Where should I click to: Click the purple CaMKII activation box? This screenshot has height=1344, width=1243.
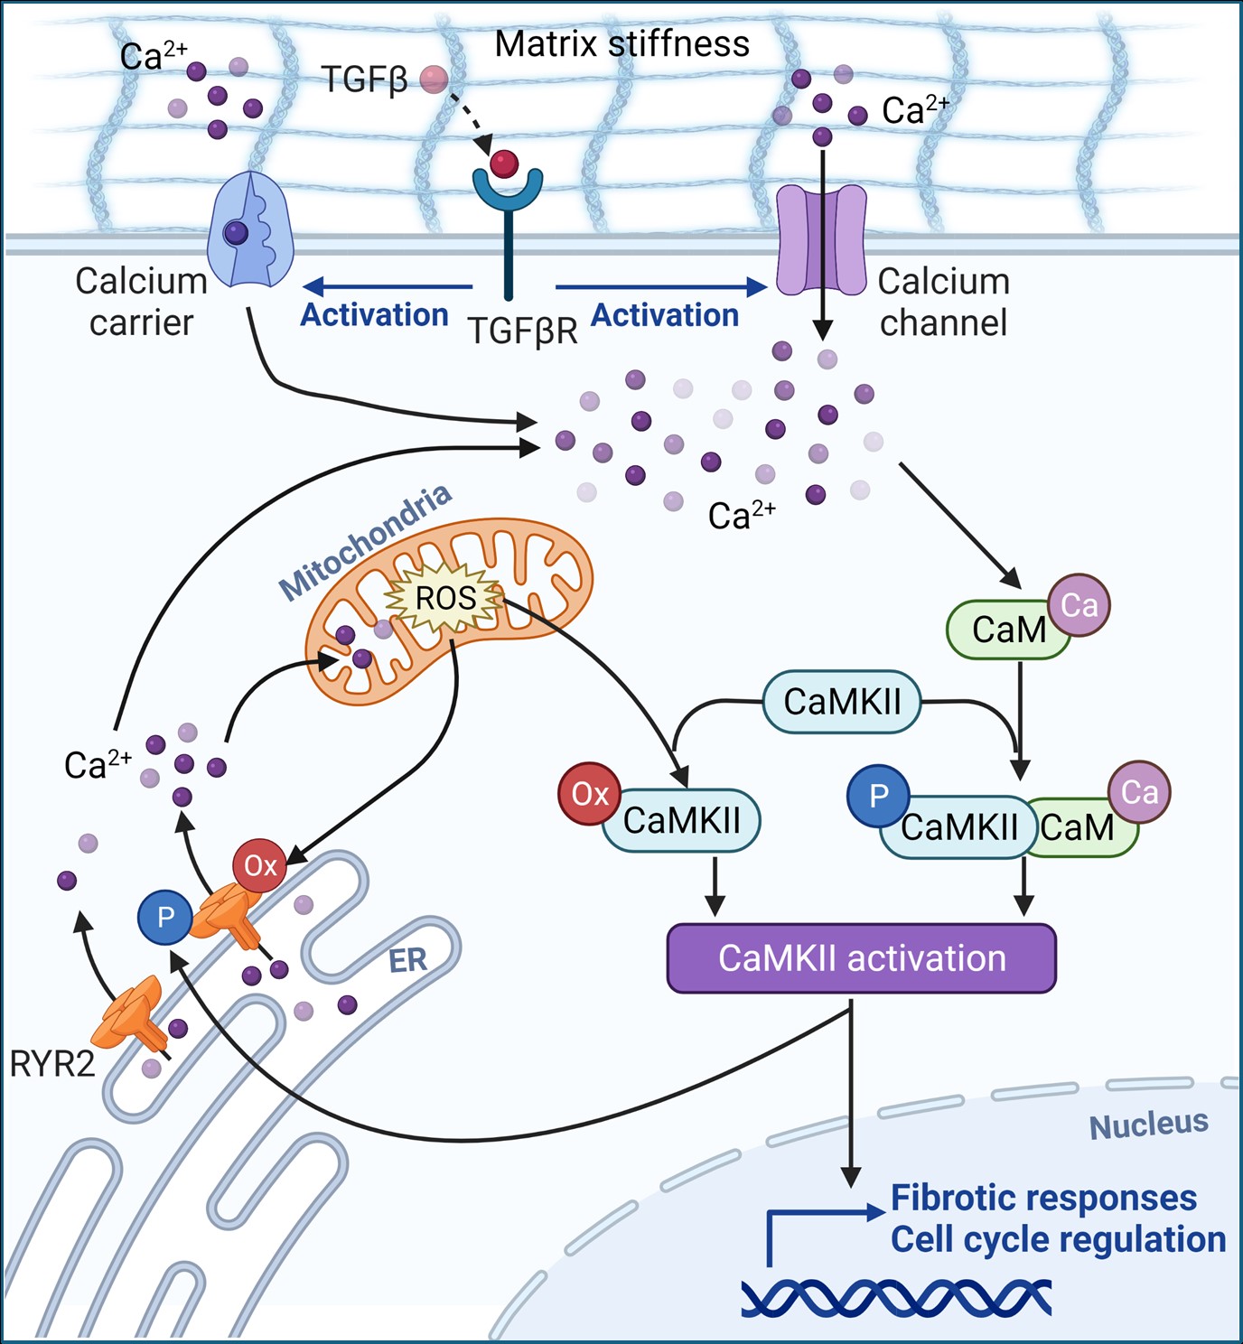[x=861, y=958]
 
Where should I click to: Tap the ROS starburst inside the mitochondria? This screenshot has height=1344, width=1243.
[x=444, y=598]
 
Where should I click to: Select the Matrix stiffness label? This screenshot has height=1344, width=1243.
[x=621, y=43]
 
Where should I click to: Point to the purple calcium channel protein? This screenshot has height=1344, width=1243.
[x=821, y=240]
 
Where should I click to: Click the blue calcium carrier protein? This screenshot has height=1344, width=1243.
[x=250, y=230]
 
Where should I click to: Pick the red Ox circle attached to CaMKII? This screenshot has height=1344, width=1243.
[x=589, y=794]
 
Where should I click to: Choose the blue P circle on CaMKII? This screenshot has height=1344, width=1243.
[x=877, y=796]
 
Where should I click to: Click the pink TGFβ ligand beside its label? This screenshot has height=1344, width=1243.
[x=435, y=79]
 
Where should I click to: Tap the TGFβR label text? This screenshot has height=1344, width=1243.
[x=522, y=331]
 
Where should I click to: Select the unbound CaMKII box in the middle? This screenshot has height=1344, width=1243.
[x=842, y=701]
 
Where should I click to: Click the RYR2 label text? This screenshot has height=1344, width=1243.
[x=51, y=1064]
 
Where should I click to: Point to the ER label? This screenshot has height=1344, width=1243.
[x=407, y=960]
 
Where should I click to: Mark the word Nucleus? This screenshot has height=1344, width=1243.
[x=1148, y=1125]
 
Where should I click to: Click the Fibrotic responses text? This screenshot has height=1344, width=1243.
[x=1043, y=1198]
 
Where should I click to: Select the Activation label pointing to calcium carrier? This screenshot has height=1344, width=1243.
[x=374, y=314]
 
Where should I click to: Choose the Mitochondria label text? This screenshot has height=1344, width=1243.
[x=365, y=542]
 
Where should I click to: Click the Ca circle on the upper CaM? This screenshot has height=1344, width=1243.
[x=1079, y=605]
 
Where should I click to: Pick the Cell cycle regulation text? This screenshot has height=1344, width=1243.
[x=1058, y=1239]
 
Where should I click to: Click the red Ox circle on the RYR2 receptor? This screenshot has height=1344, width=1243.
[x=260, y=865]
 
